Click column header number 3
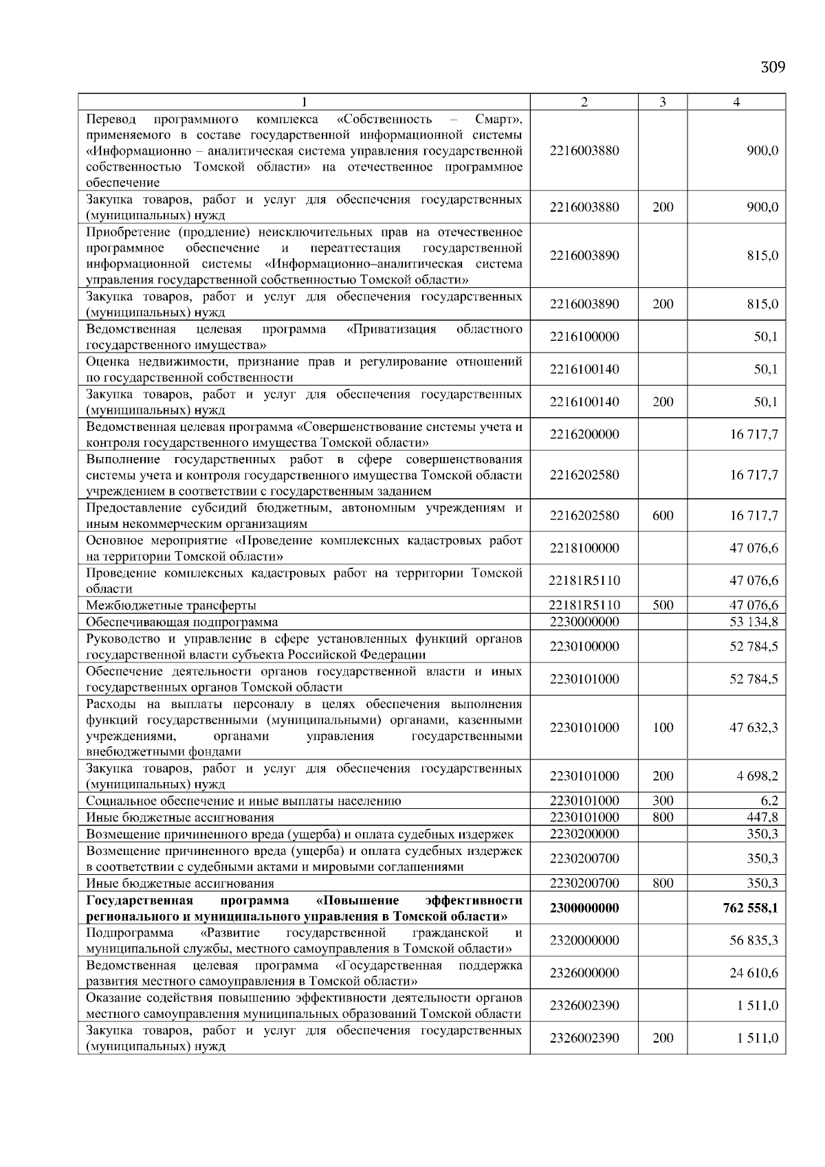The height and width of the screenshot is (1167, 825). point(662,102)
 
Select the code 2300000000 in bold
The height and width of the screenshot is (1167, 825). point(584,908)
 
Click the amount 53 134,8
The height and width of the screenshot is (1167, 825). point(753,622)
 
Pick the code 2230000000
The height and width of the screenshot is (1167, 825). point(584,622)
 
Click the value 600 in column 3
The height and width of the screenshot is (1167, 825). point(662,515)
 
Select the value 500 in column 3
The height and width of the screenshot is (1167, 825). point(662,605)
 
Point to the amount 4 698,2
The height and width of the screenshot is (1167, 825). point(756,776)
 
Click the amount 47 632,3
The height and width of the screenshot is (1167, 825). point(753,727)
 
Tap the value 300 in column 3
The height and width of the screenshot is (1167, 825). point(662,801)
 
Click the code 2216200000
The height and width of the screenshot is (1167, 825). point(584,434)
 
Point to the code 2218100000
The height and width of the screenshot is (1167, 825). point(584,548)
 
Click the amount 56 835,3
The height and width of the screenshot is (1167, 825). point(753,940)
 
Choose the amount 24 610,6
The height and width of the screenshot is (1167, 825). point(753,972)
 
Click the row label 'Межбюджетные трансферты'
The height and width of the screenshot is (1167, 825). point(171,605)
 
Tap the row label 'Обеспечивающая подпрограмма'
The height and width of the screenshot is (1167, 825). point(182,622)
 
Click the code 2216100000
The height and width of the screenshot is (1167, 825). point(584,337)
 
